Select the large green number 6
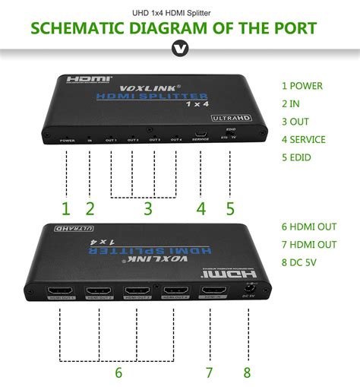pyautogui.click(x=118, y=372)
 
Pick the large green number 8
pyautogui.click(x=246, y=372)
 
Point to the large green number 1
pyautogui.click(x=65, y=208)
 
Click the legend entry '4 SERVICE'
pyautogui.click(x=303, y=139)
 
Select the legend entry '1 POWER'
pyautogui.click(x=302, y=86)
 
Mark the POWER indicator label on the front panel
pyautogui.click(x=67, y=141)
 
